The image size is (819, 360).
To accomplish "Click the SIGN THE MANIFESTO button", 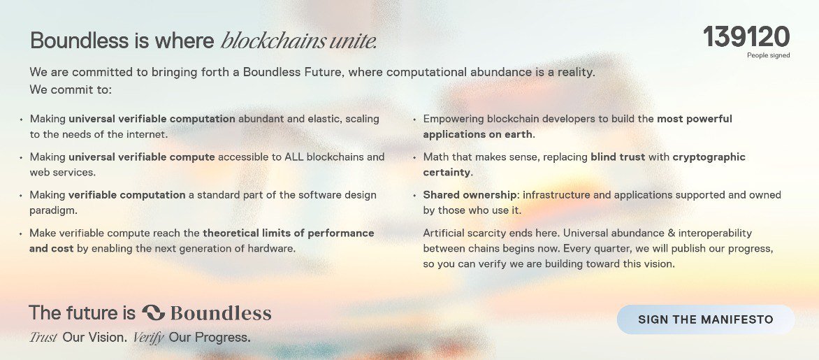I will (705, 319).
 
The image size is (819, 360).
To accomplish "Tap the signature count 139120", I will (746, 37).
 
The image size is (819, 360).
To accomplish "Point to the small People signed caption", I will (768, 55).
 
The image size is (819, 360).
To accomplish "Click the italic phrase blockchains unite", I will (299, 41).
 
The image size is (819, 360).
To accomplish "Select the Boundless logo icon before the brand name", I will (153, 312).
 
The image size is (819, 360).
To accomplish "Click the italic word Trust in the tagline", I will (43, 338).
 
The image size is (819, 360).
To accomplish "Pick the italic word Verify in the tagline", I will (148, 338).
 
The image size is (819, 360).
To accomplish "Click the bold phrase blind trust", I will (618, 157).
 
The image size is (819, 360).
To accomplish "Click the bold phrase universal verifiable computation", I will (152, 119).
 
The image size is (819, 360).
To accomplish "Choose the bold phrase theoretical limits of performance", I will (288, 233).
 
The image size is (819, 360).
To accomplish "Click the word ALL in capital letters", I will (293, 157).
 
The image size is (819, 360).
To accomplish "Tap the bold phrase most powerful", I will (694, 119).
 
